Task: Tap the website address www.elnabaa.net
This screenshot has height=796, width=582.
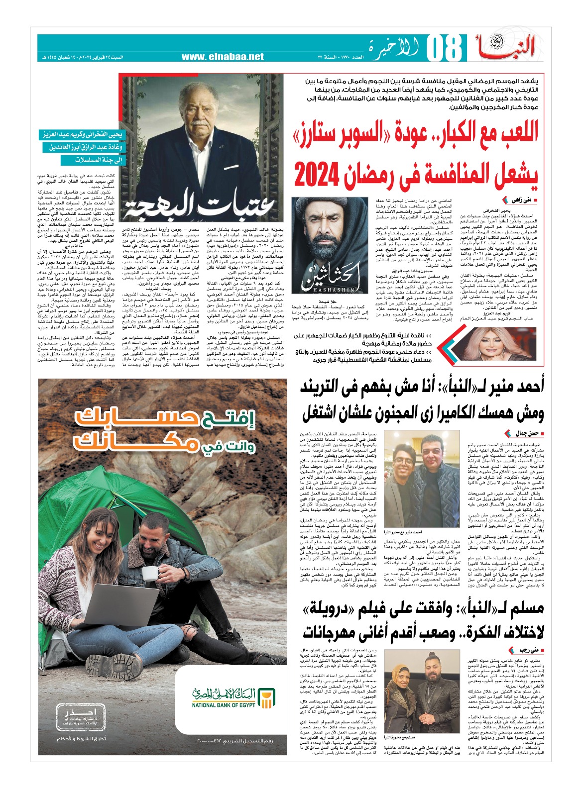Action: pos(223,57)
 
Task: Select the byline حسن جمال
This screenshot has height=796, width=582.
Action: pos(523,434)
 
